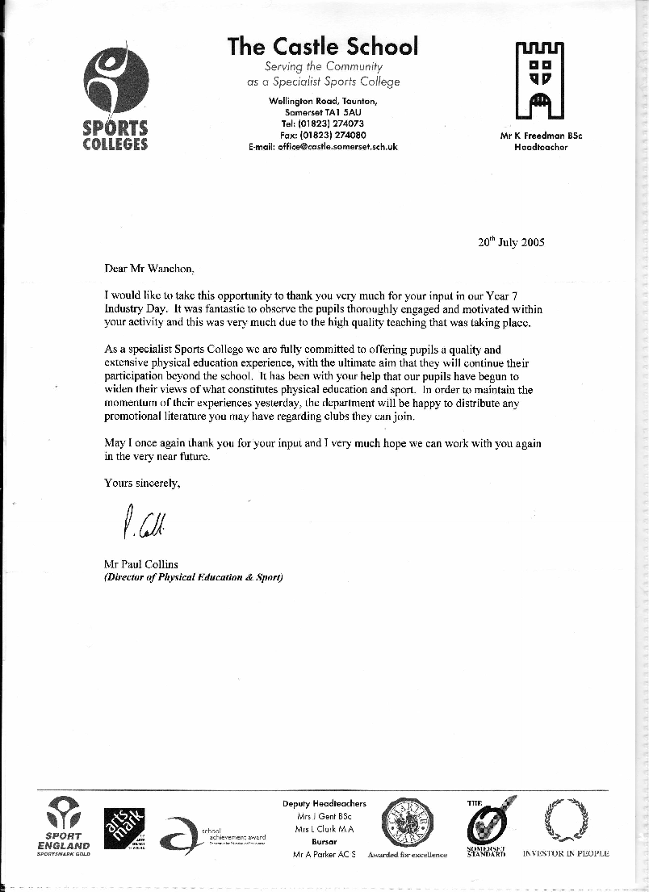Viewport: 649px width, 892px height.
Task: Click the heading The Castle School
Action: coord(323,46)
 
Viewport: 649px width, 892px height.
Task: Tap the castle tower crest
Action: coord(540,82)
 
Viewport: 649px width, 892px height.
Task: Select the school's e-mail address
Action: coord(323,147)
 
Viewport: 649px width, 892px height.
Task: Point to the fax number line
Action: coord(323,136)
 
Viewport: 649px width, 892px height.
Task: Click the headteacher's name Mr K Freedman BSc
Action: coord(541,136)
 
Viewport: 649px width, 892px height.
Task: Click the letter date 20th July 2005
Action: coord(512,241)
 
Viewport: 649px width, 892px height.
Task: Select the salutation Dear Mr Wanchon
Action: coord(150,268)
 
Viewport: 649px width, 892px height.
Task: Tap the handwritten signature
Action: coord(146,525)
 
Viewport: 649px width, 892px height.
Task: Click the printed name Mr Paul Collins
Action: coord(142,564)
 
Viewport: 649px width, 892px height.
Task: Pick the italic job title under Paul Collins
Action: coord(194,577)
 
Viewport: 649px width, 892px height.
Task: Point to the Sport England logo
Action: coord(63,827)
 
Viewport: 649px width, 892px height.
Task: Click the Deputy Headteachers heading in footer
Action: coord(324,803)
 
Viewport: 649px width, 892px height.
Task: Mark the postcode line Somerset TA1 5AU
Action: coord(323,112)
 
